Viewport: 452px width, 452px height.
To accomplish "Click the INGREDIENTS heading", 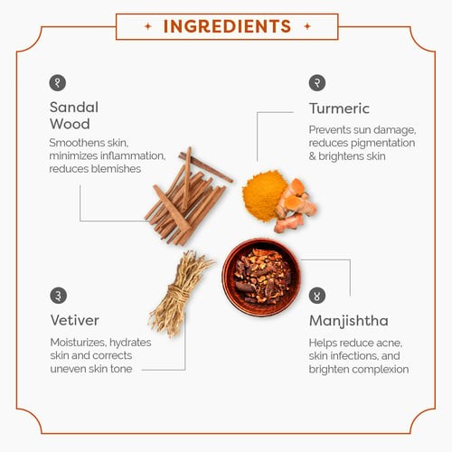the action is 227,26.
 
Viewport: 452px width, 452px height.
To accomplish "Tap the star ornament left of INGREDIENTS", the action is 148,26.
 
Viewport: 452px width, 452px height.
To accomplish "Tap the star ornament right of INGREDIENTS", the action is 307,26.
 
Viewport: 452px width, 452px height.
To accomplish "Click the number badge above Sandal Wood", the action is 58,83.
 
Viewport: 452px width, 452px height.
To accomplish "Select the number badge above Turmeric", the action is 317,82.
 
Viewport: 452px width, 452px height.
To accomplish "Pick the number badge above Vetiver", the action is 58,296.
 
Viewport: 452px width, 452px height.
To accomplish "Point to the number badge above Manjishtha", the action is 317,296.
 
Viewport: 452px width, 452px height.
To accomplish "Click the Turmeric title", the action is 339,108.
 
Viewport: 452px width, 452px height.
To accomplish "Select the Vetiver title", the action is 74,320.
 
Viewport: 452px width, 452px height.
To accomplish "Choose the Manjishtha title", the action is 349,321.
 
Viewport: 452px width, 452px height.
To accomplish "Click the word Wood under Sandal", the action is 70,124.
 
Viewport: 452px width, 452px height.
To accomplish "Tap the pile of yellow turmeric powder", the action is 263,195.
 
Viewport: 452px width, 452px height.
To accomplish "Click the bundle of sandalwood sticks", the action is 187,196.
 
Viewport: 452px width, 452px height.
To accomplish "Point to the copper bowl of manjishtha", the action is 261,278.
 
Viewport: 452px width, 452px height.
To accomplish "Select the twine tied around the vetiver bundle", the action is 179,293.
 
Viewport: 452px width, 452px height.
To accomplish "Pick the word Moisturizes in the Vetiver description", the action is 78,343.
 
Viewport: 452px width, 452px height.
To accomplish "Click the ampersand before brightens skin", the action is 312,156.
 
